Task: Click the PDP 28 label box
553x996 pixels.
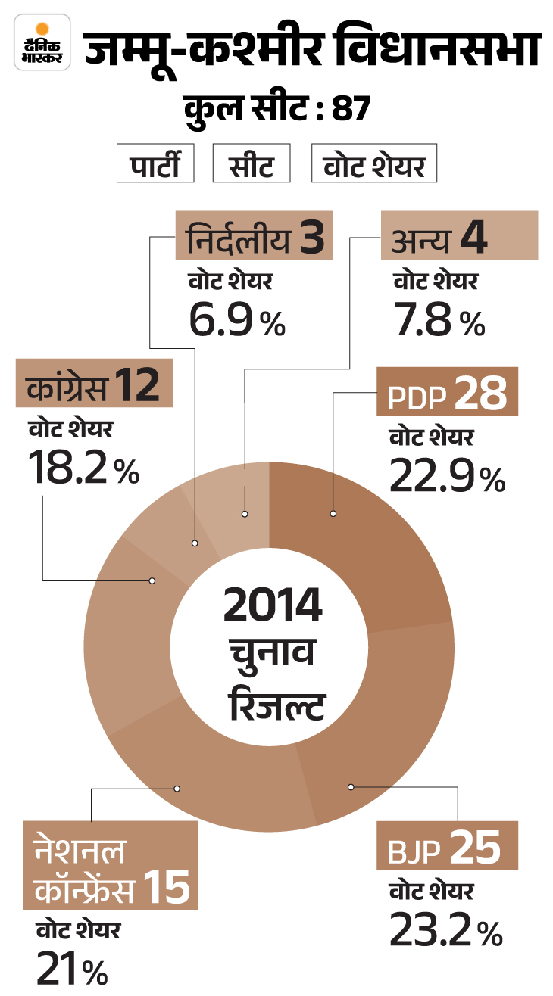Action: pyautogui.click(x=447, y=392)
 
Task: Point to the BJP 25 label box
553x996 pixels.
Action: pyautogui.click(x=447, y=848)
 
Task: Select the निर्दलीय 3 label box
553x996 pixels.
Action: pyautogui.click(x=255, y=237)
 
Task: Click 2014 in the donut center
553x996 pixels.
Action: pyautogui.click(x=272, y=605)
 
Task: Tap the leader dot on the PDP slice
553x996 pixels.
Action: pyautogui.click(x=333, y=514)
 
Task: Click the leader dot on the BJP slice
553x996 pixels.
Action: pyautogui.click(x=351, y=786)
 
